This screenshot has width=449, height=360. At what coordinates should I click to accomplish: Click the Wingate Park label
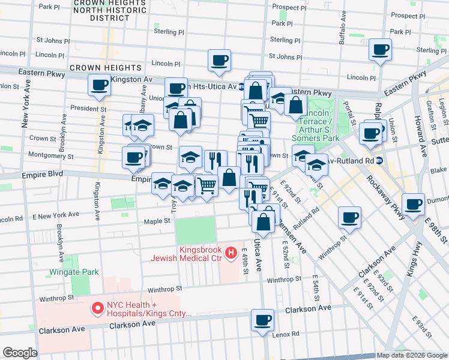tap(74, 272)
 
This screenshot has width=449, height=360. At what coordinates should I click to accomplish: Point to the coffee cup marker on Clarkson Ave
tap(262, 320)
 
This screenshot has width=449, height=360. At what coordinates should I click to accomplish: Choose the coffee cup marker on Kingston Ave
tap(99, 85)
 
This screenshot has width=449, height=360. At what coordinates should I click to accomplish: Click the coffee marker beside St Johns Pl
tap(219, 60)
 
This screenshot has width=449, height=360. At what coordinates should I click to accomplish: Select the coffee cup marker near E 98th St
tap(414, 204)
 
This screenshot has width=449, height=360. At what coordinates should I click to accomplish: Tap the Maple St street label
tap(157, 221)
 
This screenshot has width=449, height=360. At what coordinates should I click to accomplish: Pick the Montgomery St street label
tap(50, 157)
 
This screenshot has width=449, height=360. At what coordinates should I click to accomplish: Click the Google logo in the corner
tap(20, 353)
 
